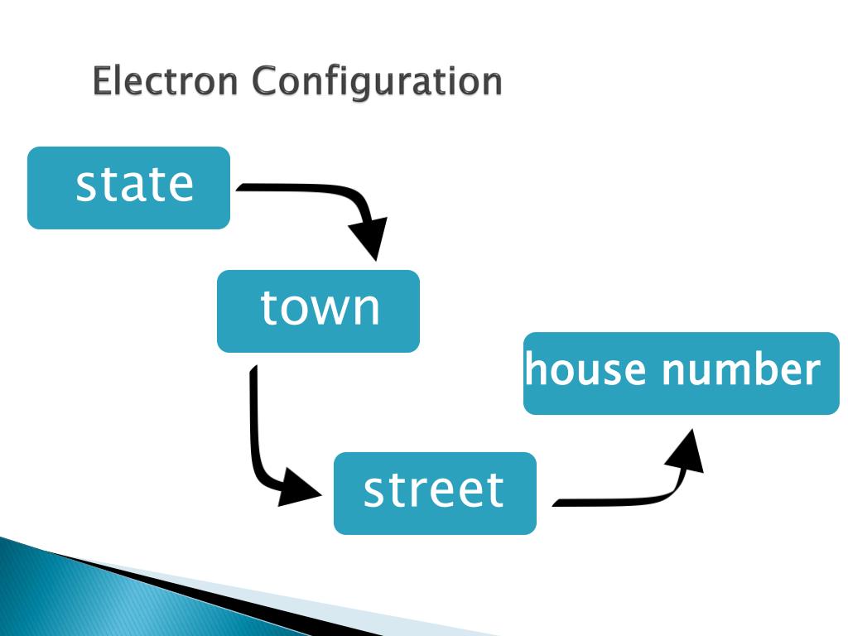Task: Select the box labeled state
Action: (x=128, y=188)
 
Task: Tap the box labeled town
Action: (x=318, y=311)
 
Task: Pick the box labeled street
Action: (x=435, y=494)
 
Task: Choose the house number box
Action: (x=681, y=373)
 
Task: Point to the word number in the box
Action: (x=740, y=369)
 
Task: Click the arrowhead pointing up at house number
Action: (x=687, y=451)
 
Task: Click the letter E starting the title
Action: (x=102, y=81)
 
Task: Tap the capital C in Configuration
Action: (x=265, y=81)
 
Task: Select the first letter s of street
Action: (x=373, y=491)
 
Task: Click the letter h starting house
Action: (x=535, y=369)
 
